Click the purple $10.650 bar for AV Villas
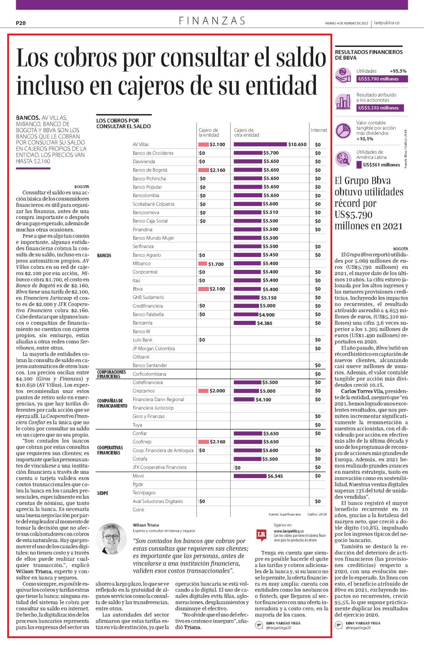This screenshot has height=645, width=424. [260, 145]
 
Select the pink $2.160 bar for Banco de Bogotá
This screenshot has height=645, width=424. [204, 170]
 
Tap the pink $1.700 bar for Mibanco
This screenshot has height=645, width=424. [203, 264]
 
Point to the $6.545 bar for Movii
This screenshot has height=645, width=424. [250, 476]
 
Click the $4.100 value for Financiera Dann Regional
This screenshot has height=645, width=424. [263, 400]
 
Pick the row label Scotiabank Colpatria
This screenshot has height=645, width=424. [153, 204]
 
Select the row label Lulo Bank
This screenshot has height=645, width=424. [143, 340]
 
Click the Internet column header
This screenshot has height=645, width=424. [319, 130]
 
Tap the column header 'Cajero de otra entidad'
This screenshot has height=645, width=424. [247, 132]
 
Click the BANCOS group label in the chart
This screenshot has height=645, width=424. [104, 255]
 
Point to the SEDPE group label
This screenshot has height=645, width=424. [103, 493]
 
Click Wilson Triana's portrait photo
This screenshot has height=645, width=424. [112, 538]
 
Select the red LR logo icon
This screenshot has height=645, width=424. [261, 535]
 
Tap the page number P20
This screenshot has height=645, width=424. [21, 23]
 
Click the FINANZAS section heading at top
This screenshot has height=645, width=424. [212, 21]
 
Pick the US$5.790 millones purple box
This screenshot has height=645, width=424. [382, 79]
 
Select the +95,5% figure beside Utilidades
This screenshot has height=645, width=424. [398, 71]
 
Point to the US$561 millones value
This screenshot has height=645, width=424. [382, 165]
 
